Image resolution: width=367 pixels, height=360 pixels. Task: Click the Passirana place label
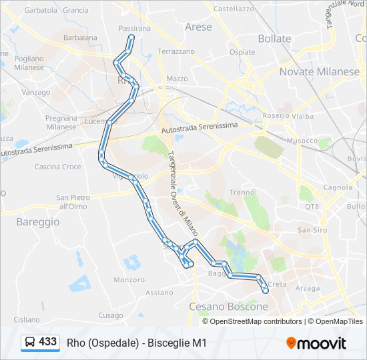(135, 29)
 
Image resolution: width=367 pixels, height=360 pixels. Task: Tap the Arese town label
(198, 27)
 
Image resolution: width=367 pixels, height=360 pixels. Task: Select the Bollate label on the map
(274, 39)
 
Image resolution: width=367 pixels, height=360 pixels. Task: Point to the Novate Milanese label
(319, 71)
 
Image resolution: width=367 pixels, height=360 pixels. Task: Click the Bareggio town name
(37, 221)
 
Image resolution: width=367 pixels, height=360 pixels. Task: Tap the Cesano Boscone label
(228, 307)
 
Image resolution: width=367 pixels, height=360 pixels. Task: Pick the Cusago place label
(111, 315)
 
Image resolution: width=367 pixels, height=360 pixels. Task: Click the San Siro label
(311, 230)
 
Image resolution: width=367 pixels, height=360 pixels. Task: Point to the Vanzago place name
(36, 92)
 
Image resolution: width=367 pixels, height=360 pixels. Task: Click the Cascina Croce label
(58, 167)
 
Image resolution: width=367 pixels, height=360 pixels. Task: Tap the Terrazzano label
(176, 51)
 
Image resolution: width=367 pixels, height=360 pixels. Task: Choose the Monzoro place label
(129, 280)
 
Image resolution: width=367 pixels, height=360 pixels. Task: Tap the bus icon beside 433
(30, 343)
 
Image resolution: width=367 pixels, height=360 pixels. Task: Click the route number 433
(48, 342)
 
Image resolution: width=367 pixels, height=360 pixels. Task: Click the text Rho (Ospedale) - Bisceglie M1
(137, 343)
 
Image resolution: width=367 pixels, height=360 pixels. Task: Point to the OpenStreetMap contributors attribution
(256, 321)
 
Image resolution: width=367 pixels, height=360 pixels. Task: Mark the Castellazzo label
(234, 9)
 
